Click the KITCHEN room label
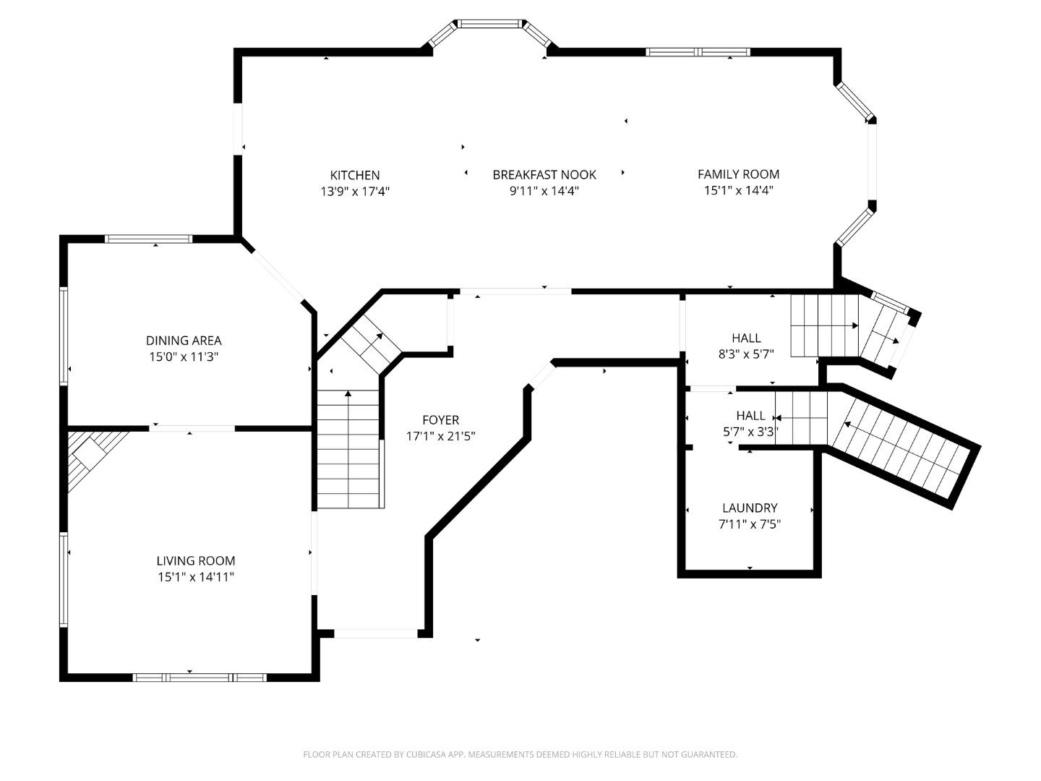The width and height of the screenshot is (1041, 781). pyautogui.click(x=354, y=175)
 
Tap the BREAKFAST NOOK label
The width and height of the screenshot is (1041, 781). pyautogui.click(x=544, y=174)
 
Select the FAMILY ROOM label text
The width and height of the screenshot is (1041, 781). pyautogui.click(x=738, y=174)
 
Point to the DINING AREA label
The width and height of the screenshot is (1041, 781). pyautogui.click(x=184, y=340)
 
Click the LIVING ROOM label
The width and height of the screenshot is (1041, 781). pyautogui.click(x=195, y=560)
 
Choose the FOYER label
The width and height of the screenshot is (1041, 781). pyautogui.click(x=440, y=419)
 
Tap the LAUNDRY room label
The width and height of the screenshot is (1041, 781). pyautogui.click(x=749, y=508)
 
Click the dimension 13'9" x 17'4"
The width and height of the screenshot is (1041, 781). pyautogui.click(x=354, y=192)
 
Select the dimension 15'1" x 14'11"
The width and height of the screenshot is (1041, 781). pyautogui.click(x=195, y=577)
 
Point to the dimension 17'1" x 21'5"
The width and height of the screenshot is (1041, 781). pyautogui.click(x=440, y=436)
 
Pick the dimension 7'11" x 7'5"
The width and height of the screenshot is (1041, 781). pyautogui.click(x=749, y=524)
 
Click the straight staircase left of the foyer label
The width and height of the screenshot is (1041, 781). pyautogui.click(x=348, y=448)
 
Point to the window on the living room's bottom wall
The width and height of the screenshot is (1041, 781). pyautogui.click(x=200, y=678)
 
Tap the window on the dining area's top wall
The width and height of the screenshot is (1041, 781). pyautogui.click(x=148, y=239)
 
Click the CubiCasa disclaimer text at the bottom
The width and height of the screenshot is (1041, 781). pyautogui.click(x=520, y=754)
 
